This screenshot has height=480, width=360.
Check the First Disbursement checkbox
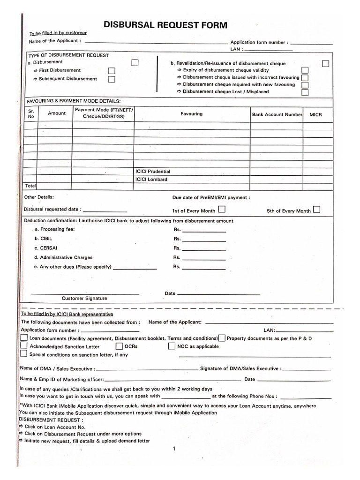[x=112, y=70]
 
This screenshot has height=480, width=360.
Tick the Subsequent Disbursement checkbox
[x=112, y=79]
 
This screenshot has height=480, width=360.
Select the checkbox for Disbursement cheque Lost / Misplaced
[x=305, y=92]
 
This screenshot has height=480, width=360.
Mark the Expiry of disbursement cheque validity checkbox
[x=305, y=70]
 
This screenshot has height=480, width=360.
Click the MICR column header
[x=315, y=114]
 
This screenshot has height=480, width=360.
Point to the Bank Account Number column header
[x=277, y=114]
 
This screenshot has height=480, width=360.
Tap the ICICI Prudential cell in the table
[x=153, y=172]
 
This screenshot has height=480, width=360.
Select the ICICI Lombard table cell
[x=151, y=179]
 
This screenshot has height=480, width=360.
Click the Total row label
[x=30, y=186]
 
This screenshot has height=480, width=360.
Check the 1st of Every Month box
[x=222, y=209]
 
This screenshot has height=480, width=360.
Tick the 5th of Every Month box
[x=317, y=210]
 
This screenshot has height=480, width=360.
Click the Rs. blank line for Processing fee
[x=203, y=231]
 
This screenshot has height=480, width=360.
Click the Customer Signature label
[x=84, y=298]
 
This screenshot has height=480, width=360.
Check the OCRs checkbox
[x=120, y=346]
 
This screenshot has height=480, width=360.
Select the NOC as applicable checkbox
[x=172, y=346]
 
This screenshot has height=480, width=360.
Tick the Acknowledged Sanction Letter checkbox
[x=24, y=346]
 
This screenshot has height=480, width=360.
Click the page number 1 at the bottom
[x=174, y=449]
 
